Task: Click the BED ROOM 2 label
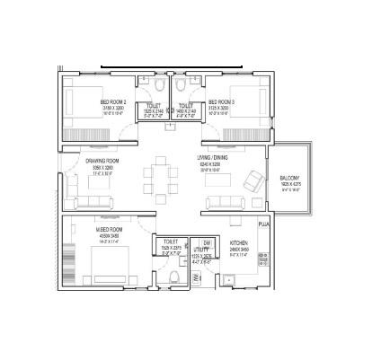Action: [111, 101]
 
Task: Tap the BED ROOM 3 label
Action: [221, 101]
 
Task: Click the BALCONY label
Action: [289, 179]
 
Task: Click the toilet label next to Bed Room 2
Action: [153, 105]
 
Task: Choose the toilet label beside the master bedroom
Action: [170, 241]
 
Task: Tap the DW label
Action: [207, 243]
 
